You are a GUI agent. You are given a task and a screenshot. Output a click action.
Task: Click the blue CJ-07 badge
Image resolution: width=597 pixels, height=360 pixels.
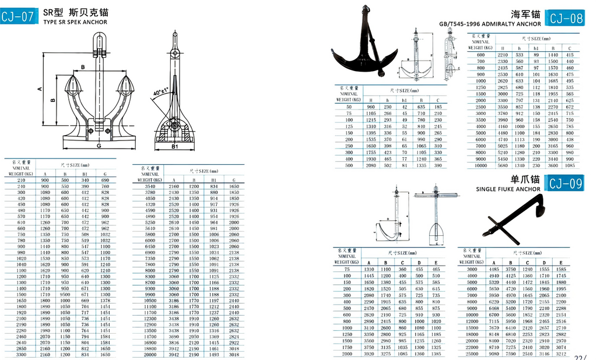19,16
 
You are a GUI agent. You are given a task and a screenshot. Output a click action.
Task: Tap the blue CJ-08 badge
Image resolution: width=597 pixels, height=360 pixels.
566,18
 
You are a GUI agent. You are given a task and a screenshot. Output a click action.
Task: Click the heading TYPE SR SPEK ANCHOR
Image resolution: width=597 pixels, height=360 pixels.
75,22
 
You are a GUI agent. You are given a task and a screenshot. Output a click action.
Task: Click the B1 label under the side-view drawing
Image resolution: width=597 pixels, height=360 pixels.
174,147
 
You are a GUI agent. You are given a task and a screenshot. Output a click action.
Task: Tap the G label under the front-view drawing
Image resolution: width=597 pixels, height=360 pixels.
99,146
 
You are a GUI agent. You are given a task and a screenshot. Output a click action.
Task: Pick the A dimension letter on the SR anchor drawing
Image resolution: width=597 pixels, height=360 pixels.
39,89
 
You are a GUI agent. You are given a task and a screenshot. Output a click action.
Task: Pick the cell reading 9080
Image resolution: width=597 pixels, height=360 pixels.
494,353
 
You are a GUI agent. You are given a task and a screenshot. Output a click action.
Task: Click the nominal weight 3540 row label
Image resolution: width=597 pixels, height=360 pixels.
150,186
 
